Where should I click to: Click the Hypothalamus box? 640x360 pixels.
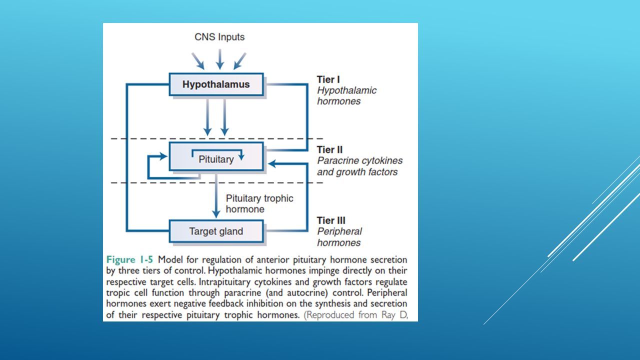[216, 84]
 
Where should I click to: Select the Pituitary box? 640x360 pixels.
[216, 156]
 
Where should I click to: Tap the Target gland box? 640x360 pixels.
[216, 231]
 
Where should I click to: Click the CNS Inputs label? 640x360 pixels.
[219, 37]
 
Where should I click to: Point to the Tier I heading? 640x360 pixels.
[328, 79]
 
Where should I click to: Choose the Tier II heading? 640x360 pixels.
[329, 149]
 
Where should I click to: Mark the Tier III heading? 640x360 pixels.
[331, 220]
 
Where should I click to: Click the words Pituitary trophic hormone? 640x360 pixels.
[259, 203]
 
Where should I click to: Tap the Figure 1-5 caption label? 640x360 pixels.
[129, 259]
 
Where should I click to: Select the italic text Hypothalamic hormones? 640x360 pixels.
[346, 95]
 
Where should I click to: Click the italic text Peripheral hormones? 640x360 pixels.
[339, 237]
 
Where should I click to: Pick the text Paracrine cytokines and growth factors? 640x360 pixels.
[359, 166]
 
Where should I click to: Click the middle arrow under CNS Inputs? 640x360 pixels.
[219, 59]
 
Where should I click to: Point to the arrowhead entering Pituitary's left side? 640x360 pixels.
[163, 156]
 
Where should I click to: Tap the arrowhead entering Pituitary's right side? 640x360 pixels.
[271, 163]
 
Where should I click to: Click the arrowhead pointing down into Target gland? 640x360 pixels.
[216, 214]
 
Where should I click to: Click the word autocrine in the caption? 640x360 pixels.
[307, 293]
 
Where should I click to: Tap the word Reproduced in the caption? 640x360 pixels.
[329, 315]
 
